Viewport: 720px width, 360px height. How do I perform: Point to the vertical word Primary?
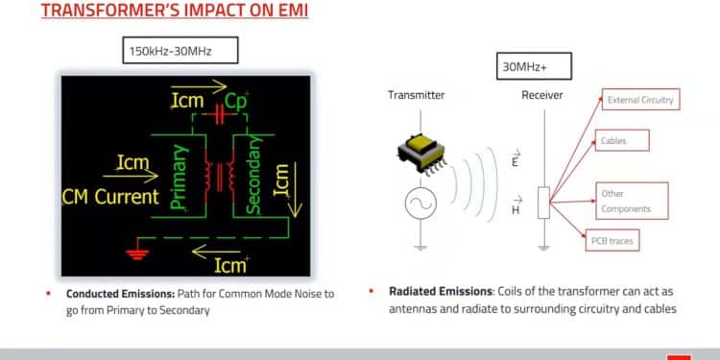[179, 177]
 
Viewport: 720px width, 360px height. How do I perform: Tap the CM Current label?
[110, 197]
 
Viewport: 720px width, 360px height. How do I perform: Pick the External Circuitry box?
[639, 100]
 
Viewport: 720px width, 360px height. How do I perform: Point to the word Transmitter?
[415, 95]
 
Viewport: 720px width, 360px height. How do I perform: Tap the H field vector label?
[516, 208]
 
